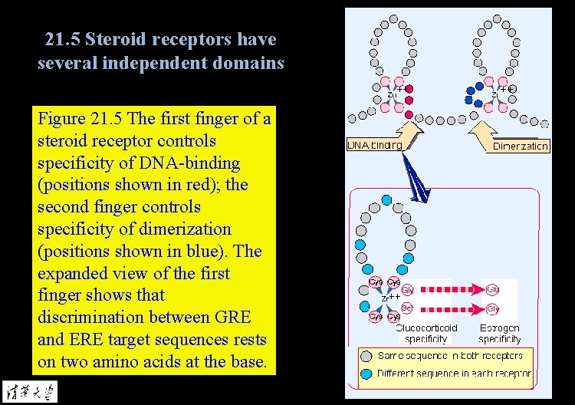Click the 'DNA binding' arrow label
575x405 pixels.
(x=374, y=145)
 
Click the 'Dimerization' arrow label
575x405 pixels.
(x=521, y=146)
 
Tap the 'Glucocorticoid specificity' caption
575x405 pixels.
(x=426, y=333)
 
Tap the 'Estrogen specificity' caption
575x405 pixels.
(x=499, y=333)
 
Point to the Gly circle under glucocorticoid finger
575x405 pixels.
(x=406, y=290)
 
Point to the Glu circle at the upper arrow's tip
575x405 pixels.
(x=491, y=290)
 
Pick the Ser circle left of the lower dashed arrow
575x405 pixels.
(x=406, y=308)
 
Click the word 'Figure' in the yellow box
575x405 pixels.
(x=62, y=120)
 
